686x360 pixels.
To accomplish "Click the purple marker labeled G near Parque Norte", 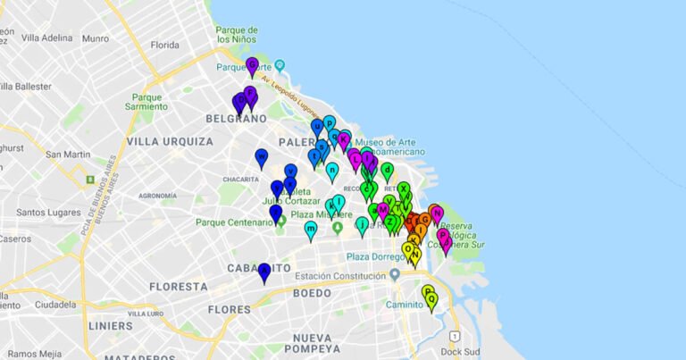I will click(252, 65).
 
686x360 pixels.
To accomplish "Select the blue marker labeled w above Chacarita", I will click(262, 157).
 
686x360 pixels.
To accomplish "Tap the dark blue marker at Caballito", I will click(264, 272).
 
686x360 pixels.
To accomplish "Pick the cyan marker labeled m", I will click(311, 230).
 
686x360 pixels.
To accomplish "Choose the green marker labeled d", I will click(387, 170).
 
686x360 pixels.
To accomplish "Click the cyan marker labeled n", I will click(332, 171).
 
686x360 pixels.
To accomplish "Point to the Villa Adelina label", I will click(46, 38).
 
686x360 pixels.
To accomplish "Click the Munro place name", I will click(95, 38).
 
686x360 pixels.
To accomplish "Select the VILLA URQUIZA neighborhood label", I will click(170, 142).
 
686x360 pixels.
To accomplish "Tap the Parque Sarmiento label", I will click(147, 103).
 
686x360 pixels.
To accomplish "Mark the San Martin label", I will click(68, 155).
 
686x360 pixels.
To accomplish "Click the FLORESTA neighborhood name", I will click(178, 287).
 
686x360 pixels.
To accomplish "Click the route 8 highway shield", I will click(89, 179).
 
